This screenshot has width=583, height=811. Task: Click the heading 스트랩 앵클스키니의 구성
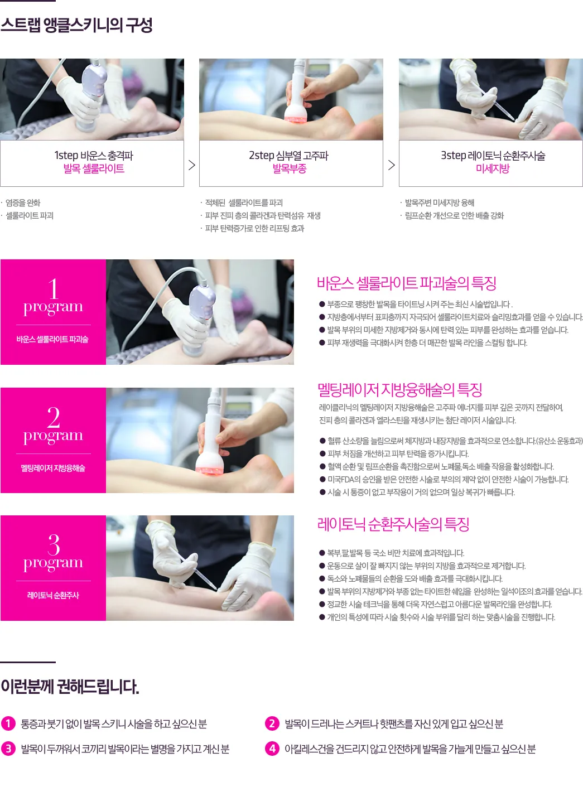(x=76, y=25)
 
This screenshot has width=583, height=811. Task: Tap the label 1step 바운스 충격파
(x=94, y=155)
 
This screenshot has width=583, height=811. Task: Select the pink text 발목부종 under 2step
(x=290, y=168)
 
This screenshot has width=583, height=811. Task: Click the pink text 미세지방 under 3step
(x=493, y=168)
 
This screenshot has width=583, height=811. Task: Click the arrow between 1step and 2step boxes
(x=192, y=165)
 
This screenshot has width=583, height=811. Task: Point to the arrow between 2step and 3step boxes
(x=392, y=165)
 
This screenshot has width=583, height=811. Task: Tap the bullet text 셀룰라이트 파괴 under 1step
(x=30, y=216)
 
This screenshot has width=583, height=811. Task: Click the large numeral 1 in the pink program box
(x=53, y=288)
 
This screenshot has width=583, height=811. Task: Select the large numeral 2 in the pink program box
(x=53, y=417)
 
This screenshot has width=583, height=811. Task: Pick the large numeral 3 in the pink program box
(x=54, y=544)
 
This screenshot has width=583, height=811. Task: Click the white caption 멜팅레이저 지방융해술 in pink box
(x=53, y=468)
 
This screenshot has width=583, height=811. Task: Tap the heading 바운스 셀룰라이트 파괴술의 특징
(x=406, y=283)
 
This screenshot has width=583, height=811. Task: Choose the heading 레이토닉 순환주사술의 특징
(x=393, y=524)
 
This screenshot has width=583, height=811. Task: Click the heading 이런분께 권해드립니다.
(x=70, y=687)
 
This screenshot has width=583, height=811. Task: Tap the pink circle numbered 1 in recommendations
(x=8, y=723)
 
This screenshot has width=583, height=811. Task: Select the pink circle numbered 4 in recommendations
(x=272, y=749)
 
